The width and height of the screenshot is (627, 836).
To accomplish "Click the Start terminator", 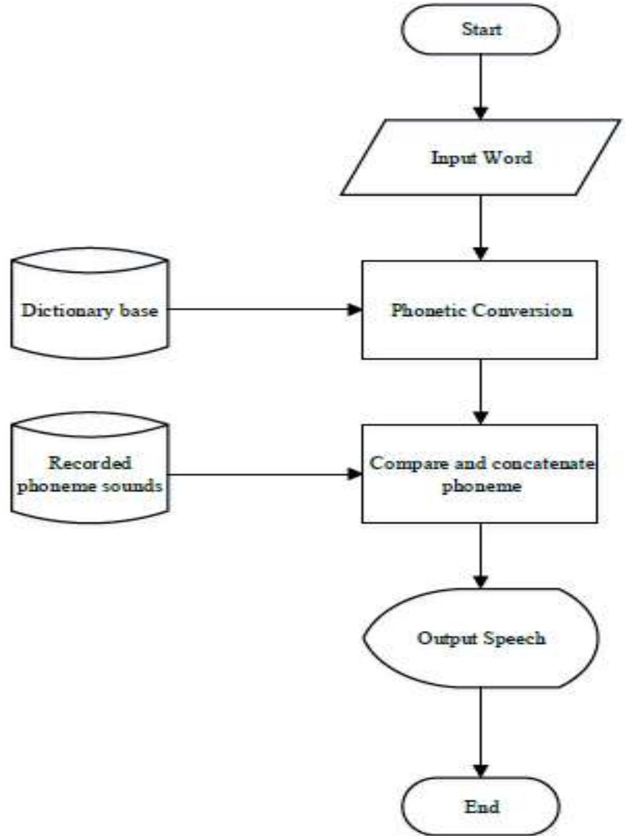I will pyautogui.click(x=480, y=29).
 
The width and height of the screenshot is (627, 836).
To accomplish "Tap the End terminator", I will pyautogui.click(x=480, y=807).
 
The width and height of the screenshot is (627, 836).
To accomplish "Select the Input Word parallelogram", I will pyautogui.click(x=480, y=158).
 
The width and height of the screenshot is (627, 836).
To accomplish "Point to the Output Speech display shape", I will pyautogui.click(x=480, y=638).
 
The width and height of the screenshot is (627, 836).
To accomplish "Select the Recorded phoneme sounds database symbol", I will pyautogui.click(x=89, y=473).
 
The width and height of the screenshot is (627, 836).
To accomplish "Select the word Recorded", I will pyautogui.click(x=89, y=463).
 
